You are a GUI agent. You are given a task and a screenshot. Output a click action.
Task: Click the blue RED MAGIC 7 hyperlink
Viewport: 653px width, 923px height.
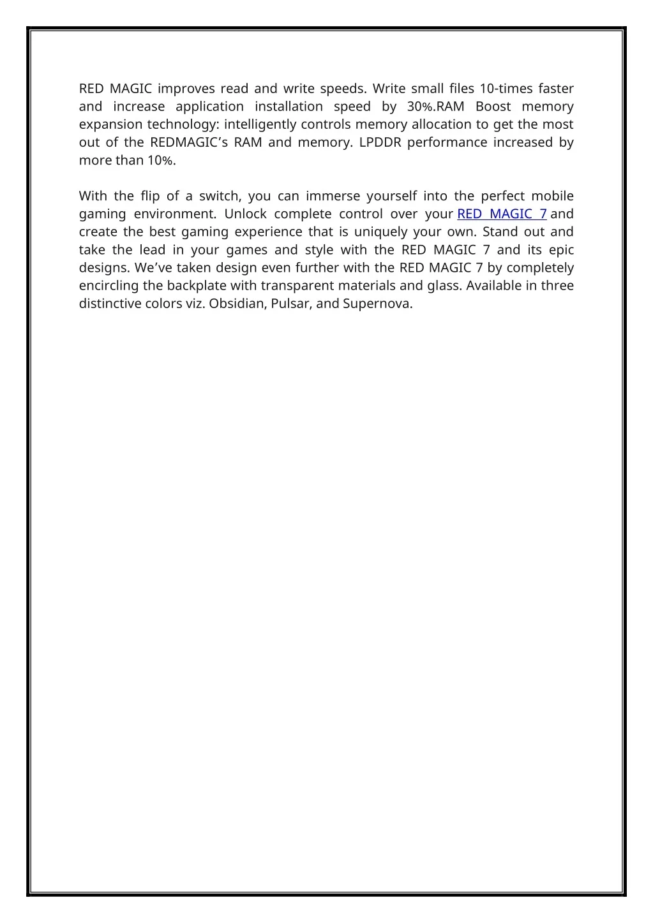click(x=502, y=214)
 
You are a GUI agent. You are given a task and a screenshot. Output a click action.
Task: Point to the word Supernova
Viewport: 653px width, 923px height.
click(x=377, y=303)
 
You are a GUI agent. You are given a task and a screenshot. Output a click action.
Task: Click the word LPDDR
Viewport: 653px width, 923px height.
click(x=380, y=142)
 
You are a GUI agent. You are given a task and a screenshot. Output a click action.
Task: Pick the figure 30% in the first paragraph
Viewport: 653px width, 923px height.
click(x=418, y=107)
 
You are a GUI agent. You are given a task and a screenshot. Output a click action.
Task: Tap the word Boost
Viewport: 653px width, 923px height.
click(x=493, y=107)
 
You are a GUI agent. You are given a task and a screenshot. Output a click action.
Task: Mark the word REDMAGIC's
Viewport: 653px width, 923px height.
click(x=188, y=142)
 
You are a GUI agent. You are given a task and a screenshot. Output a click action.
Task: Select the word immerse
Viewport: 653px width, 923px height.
click(x=333, y=196)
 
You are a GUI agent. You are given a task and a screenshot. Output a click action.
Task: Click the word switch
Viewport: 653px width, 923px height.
click(x=219, y=196)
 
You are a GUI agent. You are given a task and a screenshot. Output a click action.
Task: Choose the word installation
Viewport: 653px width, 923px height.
click(x=289, y=107)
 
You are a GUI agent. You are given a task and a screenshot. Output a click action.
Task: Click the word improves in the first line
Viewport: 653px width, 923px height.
click(x=187, y=89)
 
